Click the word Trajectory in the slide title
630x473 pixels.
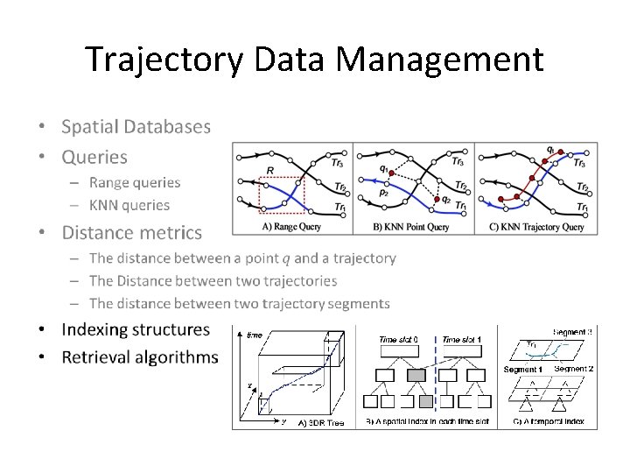pos(164,60)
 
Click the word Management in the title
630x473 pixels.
pos(439,60)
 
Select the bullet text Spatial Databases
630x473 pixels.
pos(136,126)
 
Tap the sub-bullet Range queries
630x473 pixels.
pos(135,182)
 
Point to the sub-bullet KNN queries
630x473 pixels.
pos(129,205)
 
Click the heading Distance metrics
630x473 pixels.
pos(131,232)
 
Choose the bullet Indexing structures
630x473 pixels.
pos(136,329)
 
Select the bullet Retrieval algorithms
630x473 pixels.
pos(140,357)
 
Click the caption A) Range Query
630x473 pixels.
pos(292,227)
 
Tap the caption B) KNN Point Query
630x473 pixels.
pos(411,227)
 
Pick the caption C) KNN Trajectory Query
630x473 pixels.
pos(535,227)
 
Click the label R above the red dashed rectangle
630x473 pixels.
pos(270,170)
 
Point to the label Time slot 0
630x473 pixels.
pos(398,340)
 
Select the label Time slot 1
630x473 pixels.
pos(461,340)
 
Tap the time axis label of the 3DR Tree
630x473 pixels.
pos(255,335)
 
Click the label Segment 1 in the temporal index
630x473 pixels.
pos(522,370)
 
